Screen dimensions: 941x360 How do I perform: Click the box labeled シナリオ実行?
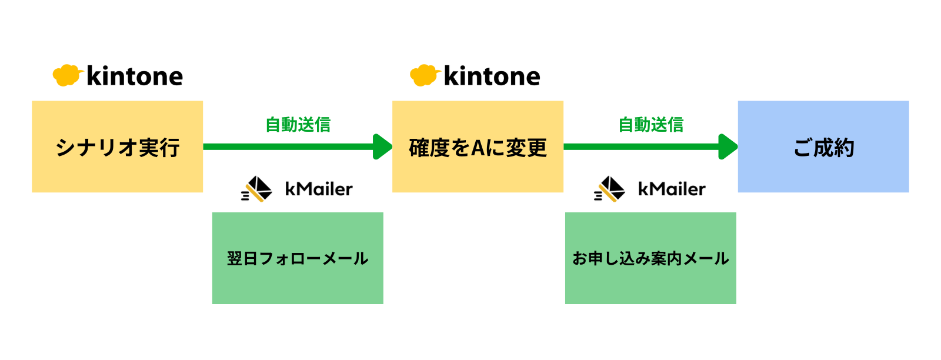click(117, 146)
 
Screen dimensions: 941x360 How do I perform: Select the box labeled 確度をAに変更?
click(478, 146)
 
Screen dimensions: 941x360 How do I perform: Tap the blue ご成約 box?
click(823, 146)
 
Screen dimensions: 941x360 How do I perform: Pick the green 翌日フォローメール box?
click(298, 258)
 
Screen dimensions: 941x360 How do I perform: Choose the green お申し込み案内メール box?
click(650, 258)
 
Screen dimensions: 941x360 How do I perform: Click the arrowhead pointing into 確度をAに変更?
click(382, 146)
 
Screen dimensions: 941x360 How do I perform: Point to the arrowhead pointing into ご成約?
click(728, 146)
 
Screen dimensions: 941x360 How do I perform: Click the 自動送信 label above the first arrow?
click(298, 125)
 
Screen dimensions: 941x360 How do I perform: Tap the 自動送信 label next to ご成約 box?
click(650, 125)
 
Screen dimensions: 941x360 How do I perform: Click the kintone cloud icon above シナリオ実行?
click(67, 76)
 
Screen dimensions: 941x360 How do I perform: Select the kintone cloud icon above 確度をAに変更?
click(425, 76)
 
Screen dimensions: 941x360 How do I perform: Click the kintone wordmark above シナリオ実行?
click(135, 76)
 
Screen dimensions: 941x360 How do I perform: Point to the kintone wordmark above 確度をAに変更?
click(492, 76)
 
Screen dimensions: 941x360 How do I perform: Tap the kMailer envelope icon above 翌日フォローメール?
click(256, 189)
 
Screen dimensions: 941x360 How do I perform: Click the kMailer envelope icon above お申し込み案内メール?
click(609, 189)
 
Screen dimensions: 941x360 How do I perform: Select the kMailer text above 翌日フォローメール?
click(319, 189)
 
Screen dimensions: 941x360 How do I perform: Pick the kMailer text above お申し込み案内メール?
click(672, 189)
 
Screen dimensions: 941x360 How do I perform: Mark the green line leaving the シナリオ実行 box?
click(288, 146)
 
